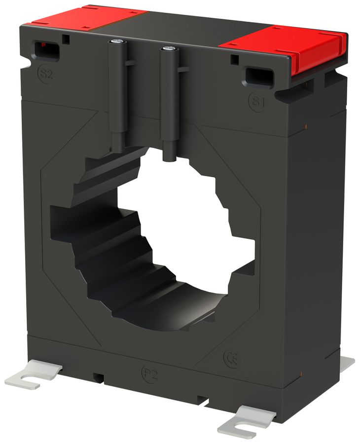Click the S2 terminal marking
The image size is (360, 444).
click(x=45, y=74)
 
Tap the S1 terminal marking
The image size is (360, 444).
click(x=256, y=102)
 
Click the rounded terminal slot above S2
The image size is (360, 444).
click(x=45, y=50)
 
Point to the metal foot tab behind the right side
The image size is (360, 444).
click(x=347, y=363)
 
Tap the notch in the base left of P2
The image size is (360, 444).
click(x=99, y=378)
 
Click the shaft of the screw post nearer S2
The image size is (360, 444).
click(x=117, y=99)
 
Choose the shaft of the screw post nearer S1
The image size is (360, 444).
click(x=169, y=109)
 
